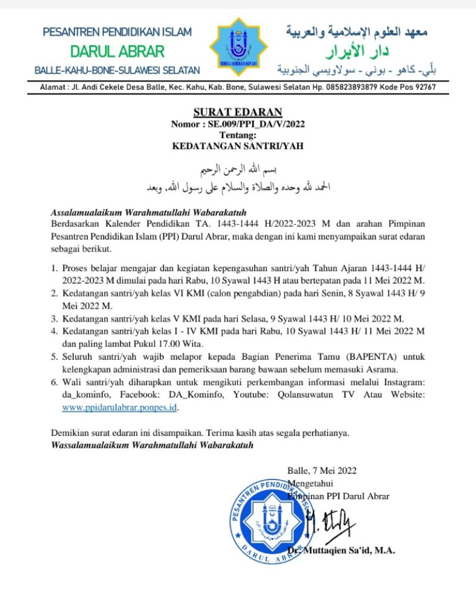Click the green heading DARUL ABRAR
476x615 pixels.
(x=117, y=51)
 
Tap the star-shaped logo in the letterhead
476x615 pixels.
(x=238, y=47)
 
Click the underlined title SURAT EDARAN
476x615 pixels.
(x=237, y=112)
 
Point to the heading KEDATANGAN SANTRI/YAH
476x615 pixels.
(x=237, y=145)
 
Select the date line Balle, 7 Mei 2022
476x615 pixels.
(x=322, y=470)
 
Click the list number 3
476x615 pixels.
(x=54, y=318)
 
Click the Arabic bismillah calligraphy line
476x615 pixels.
(x=237, y=168)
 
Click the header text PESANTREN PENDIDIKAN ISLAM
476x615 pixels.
(x=117, y=31)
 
